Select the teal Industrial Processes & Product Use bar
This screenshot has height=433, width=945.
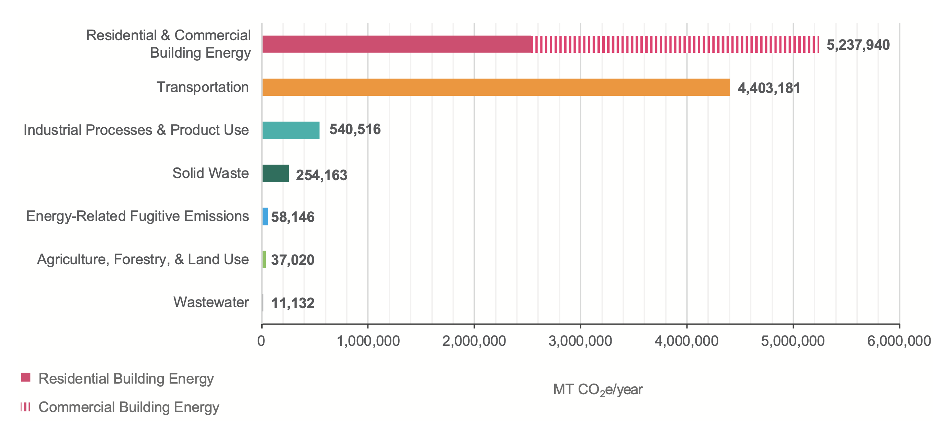tap(291, 130)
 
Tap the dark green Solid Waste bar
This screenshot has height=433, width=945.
tap(275, 173)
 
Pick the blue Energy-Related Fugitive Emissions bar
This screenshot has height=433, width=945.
tap(265, 216)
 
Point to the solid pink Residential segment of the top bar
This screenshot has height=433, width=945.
tap(397, 44)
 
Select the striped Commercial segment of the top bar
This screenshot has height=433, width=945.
tap(676, 44)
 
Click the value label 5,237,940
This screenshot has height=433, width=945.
tap(858, 45)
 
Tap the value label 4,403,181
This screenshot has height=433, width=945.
tap(769, 88)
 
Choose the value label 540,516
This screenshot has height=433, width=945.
tap(355, 129)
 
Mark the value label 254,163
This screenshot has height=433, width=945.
tap(321, 175)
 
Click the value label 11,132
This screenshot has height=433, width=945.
tap(292, 303)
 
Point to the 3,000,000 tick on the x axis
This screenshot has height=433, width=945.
tap(580, 341)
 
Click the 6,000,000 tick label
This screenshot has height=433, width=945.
tap(899, 341)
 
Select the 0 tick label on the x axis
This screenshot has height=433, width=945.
tap(261, 341)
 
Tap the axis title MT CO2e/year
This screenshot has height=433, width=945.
tap(597, 390)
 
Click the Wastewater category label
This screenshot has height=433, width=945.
tap(211, 303)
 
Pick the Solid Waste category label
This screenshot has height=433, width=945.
tap(210, 173)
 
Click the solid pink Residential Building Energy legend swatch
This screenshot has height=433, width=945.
tap(26, 377)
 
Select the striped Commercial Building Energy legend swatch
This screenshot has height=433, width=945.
tap(25, 407)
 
